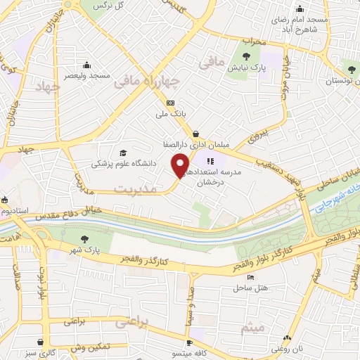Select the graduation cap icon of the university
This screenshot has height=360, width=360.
click(124, 153)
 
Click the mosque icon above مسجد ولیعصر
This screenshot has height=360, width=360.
click(86, 63)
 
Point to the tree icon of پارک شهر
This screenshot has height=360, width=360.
click(85, 239)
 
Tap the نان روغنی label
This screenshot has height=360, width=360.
click(289, 347)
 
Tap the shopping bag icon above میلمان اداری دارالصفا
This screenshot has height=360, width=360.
click(195, 134)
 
